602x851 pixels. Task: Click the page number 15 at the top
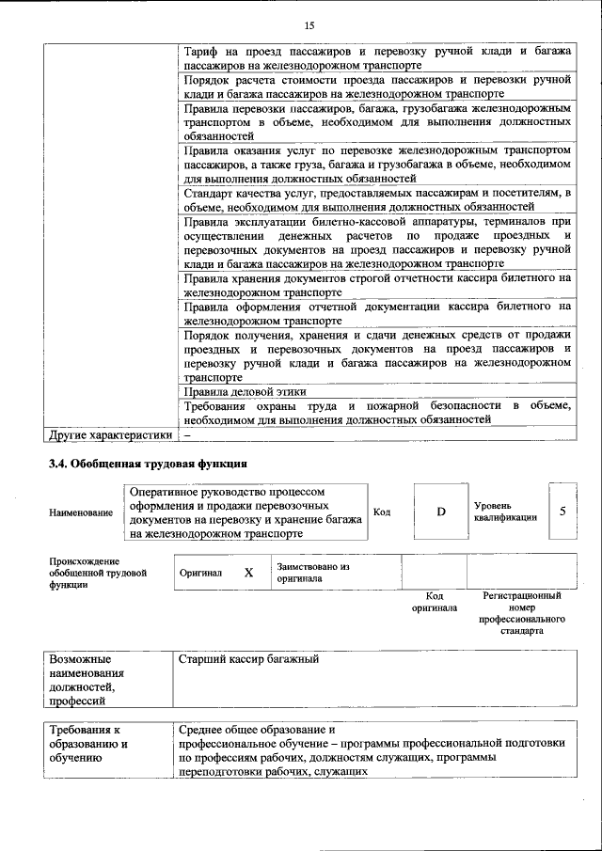tap(309, 24)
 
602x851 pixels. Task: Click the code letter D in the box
tap(440, 512)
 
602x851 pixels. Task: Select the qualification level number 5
tap(562, 512)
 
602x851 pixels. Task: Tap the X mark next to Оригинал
tap(249, 573)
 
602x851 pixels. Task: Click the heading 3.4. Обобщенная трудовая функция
tap(148, 464)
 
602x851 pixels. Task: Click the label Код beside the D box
tap(382, 512)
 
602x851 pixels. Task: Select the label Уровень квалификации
tap(505, 512)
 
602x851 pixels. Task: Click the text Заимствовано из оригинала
tap(312, 573)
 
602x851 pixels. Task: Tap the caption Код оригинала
tap(434, 602)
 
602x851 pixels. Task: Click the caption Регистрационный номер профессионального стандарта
tap(521, 613)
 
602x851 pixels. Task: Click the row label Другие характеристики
tap(110, 434)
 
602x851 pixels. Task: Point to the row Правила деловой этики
tap(245, 391)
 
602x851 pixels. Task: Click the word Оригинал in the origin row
tap(200, 573)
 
